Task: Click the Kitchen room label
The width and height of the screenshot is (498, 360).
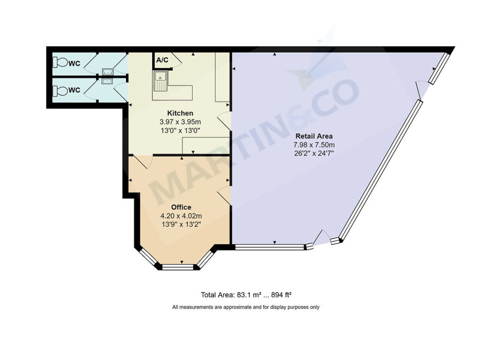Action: (180, 113)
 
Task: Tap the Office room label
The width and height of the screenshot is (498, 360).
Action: (181, 207)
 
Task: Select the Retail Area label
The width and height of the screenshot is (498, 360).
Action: (314, 136)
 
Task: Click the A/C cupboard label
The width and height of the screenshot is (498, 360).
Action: (162, 60)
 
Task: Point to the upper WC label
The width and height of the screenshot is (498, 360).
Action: (74, 64)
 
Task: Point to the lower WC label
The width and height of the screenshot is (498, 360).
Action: (74, 90)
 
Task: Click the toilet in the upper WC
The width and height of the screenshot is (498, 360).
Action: (60, 63)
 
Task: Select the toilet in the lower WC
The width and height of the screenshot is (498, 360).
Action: (60, 90)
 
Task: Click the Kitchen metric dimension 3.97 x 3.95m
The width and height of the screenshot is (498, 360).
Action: (180, 122)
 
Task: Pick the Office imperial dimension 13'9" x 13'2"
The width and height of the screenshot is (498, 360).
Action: (181, 224)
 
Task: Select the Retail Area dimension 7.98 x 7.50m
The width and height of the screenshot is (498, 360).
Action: (314, 144)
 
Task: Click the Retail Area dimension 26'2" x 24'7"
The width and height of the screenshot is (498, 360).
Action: (314, 153)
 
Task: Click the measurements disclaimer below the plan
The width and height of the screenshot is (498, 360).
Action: (246, 307)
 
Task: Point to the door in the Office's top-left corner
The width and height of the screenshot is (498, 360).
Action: (143, 162)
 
